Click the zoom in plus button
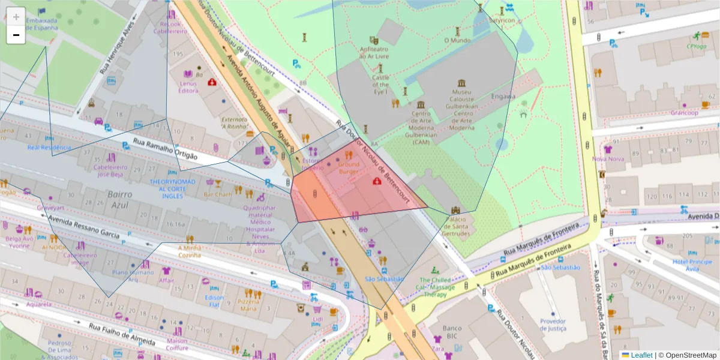16,17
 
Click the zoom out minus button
16,35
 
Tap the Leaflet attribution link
641,355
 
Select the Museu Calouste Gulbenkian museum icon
461,83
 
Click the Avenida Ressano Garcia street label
84,225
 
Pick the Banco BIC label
451,332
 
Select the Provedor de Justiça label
553,325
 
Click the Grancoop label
685,113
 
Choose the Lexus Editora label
188,87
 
